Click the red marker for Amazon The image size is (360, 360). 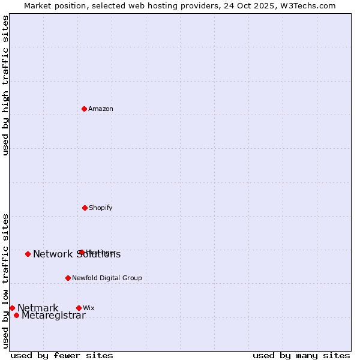(x=85, y=109)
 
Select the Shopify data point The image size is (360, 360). (x=85, y=208)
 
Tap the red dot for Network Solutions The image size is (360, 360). (x=28, y=254)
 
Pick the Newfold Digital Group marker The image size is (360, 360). (x=68, y=278)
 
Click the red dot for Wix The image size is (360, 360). (x=79, y=308)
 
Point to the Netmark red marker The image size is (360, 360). (x=12, y=308)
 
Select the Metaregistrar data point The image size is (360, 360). (x=16, y=315)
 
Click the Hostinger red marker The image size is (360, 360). (x=82, y=252)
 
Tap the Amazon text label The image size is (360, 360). (x=101, y=109)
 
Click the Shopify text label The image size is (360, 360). (x=101, y=208)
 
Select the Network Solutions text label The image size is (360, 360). (x=77, y=254)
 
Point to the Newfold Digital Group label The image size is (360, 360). (x=107, y=278)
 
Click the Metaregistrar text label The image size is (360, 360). (x=53, y=316)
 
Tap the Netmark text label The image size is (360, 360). (x=38, y=308)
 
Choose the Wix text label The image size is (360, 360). (x=89, y=308)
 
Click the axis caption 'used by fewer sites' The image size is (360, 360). (x=62, y=355)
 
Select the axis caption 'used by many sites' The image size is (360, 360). (x=301, y=355)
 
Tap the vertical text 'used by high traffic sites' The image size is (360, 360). (x=5, y=85)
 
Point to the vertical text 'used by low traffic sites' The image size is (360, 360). (x=5, y=281)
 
